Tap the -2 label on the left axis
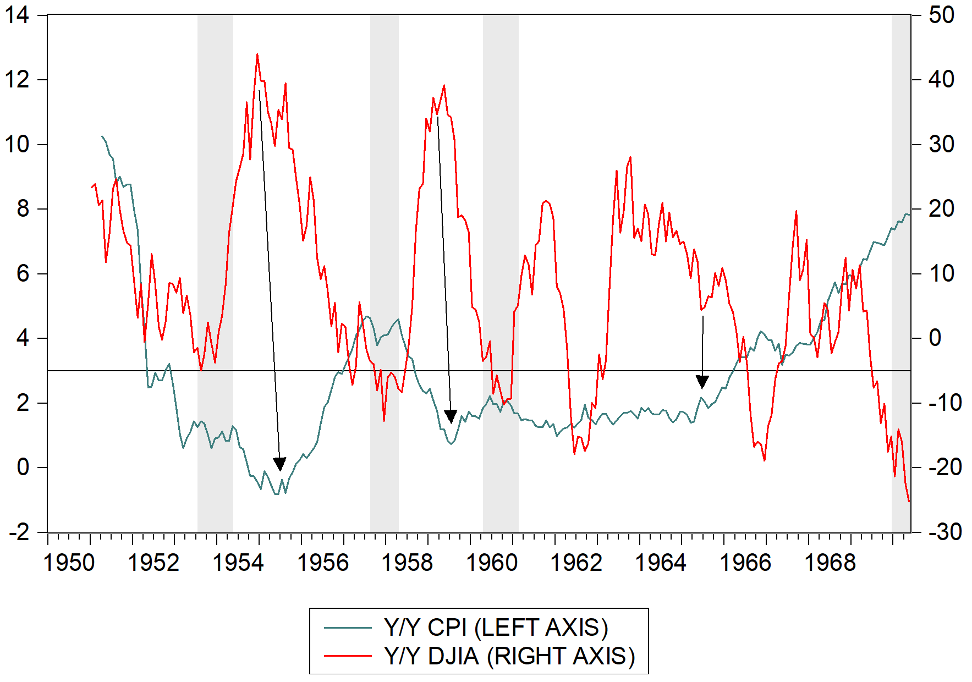click(x=19, y=532)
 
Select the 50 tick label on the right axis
click(x=941, y=15)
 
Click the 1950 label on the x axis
click(x=69, y=562)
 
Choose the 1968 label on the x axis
click(x=830, y=562)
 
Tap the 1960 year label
click(x=491, y=562)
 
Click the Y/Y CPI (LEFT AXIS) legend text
click(x=496, y=628)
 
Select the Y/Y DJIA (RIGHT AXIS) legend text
click(x=509, y=656)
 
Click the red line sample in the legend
click(x=348, y=656)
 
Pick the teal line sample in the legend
click(x=348, y=628)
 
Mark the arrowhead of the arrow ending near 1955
click(x=280, y=464)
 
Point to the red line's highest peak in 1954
click(x=257, y=54)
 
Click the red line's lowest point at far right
click(x=909, y=501)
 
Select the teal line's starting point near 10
click(x=102, y=136)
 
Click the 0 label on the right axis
click(x=935, y=338)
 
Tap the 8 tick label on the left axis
click(x=23, y=209)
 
